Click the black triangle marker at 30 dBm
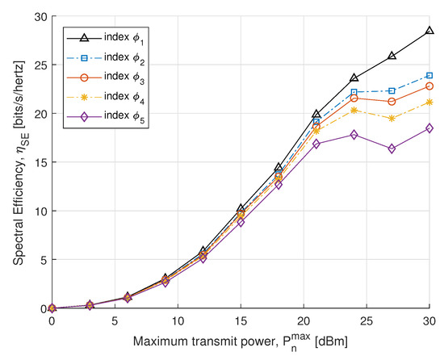(x=429, y=31)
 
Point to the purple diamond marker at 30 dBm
(x=429, y=128)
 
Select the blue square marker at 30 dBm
(x=429, y=76)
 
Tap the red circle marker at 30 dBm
(x=429, y=86)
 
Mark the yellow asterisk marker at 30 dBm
(x=429, y=102)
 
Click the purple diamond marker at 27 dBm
(x=392, y=149)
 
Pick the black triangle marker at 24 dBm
(x=354, y=78)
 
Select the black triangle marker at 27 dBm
(x=392, y=56)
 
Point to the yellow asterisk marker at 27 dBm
(x=392, y=119)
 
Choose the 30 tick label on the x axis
(x=428, y=320)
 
